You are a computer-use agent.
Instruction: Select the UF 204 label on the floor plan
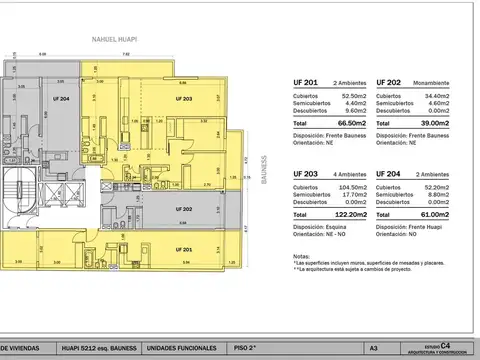point(63,99)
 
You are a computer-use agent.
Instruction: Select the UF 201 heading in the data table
point(304,84)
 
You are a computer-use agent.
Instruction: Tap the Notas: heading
point(301,256)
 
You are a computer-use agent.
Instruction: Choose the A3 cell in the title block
point(372,347)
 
